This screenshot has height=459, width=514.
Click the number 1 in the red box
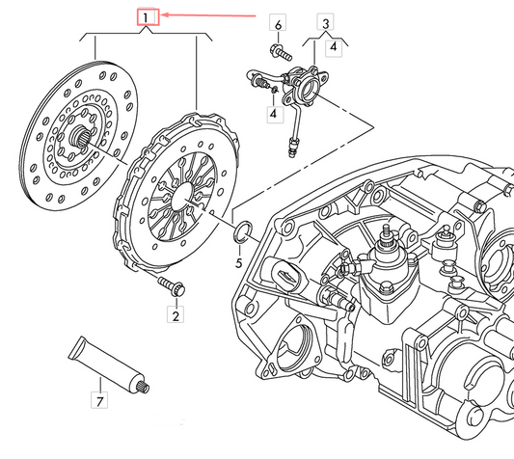[x=147, y=17]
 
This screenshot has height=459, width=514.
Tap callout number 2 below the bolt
[x=176, y=315]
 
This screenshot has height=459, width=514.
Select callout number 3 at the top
[x=326, y=23]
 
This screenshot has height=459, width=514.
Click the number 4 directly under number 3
[x=334, y=44]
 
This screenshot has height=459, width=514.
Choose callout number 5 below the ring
[x=239, y=261]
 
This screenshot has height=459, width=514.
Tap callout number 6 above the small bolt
[x=278, y=23]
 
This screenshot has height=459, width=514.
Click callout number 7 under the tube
[x=98, y=398]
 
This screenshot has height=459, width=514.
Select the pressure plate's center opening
[x=178, y=192]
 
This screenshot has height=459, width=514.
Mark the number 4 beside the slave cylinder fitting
[x=274, y=114]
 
